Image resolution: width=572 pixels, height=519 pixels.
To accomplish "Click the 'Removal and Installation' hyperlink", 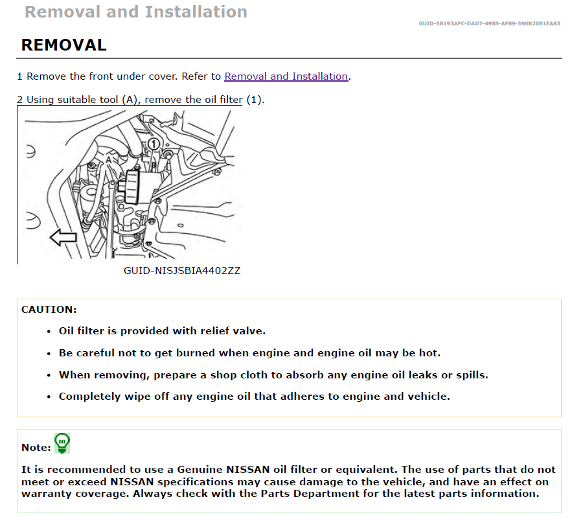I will [286, 76].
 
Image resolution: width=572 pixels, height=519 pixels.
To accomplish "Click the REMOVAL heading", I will [63, 45].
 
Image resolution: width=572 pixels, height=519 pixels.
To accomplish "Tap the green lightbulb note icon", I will [62, 443].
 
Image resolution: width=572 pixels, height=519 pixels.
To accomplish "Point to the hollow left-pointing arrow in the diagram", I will [63, 238].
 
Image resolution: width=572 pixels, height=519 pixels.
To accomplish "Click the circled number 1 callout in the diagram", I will [153, 143].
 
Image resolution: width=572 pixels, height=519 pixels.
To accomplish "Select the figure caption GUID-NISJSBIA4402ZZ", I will [182, 271].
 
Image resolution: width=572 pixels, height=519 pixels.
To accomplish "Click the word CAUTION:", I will [49, 310].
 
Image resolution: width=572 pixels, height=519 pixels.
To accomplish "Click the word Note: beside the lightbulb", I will [36, 447].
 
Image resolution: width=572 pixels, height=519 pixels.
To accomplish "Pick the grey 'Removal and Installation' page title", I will [135, 12].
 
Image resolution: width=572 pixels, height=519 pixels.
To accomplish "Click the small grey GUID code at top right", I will [490, 24].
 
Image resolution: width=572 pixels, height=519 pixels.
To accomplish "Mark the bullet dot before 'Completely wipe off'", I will [49, 397].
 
